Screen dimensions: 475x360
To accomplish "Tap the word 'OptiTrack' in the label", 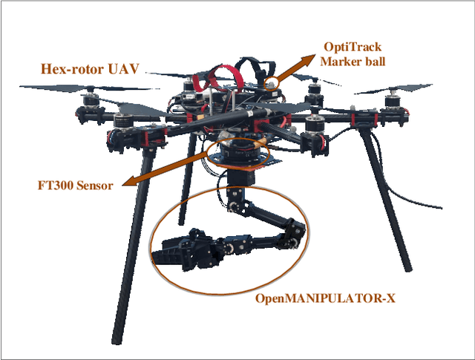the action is tap(352, 46).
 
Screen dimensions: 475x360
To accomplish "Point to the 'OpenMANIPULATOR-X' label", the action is tap(325, 299).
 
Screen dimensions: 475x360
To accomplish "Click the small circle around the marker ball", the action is tap(274, 84).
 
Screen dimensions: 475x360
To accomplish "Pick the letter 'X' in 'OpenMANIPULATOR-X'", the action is tap(390, 299).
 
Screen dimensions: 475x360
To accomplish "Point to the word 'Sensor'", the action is tap(96, 185).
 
